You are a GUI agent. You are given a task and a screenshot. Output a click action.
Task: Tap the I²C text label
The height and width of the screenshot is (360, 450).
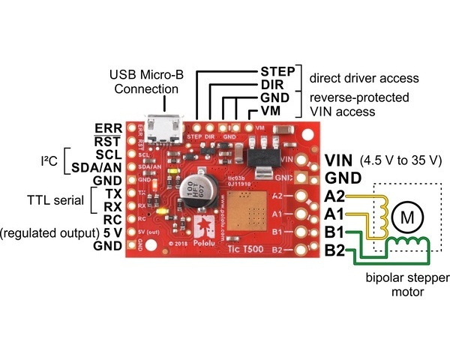52,160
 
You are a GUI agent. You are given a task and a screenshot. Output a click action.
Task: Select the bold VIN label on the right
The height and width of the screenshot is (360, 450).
340,160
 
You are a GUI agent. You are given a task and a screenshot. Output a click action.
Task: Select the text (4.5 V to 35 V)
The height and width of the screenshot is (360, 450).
401,161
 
